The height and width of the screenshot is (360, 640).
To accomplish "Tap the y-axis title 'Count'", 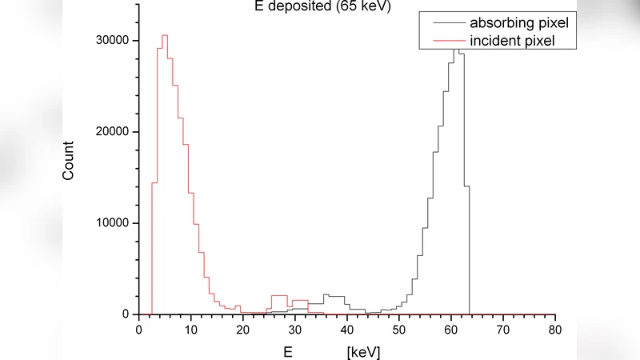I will (69, 160).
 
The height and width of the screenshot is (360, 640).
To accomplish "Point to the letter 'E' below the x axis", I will (288, 350).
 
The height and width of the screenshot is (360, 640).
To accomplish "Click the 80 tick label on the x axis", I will (555, 329).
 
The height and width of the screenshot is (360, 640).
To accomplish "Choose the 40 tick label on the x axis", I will (347, 329).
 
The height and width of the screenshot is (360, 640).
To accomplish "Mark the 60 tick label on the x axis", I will (451, 329).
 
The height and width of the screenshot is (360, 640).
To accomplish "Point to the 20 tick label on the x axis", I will (243, 329).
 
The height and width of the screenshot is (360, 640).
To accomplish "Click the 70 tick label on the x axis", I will (503, 329).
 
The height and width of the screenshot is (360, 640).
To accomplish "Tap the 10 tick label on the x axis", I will (191, 329).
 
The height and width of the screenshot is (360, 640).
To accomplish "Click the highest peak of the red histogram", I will (165, 36).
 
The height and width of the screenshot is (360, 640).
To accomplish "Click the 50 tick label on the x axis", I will (399, 329).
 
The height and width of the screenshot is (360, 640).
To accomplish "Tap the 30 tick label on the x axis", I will (295, 329).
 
